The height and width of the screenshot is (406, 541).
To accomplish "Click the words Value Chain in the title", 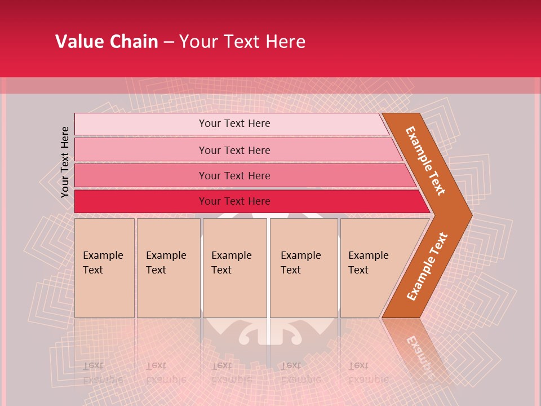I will coord(107,42).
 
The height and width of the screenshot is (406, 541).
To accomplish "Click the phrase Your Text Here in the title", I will coord(242,42).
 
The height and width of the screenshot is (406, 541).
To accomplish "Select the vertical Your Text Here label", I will coord(65,162).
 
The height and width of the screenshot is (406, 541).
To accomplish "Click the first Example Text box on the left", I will coord(104,268).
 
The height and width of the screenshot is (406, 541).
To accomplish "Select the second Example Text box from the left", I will coord(168,268).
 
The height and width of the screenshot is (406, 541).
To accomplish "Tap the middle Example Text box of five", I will coord(234,268).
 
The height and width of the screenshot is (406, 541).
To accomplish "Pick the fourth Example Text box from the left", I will coord(303,268).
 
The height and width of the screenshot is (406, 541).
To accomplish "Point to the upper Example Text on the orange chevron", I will coord(425,161).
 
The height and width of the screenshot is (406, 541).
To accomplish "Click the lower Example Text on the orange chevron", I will coord(427,267).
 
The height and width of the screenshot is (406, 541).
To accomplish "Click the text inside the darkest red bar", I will coord(234,201).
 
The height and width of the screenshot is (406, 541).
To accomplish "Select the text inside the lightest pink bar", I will coord(234,123).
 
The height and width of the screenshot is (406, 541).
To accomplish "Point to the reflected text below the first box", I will coord(103,373).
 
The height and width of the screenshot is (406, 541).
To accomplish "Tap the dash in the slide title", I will coord(168,42).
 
